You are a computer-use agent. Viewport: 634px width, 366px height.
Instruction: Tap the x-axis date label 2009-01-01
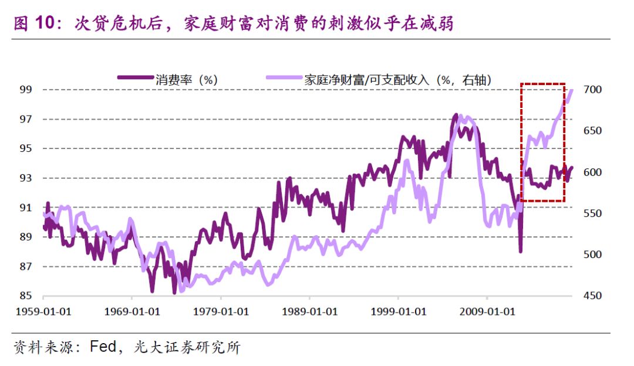pyautogui.click(x=487, y=311)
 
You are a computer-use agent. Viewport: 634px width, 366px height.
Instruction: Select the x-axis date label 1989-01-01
pyautogui.click(x=309, y=311)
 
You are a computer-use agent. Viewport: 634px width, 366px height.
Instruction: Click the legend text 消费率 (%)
pyautogui.click(x=187, y=80)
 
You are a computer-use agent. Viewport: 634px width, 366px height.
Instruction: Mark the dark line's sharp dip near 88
pyautogui.click(x=520, y=251)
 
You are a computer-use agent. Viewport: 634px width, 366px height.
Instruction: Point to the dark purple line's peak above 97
pyautogui.click(x=456, y=116)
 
